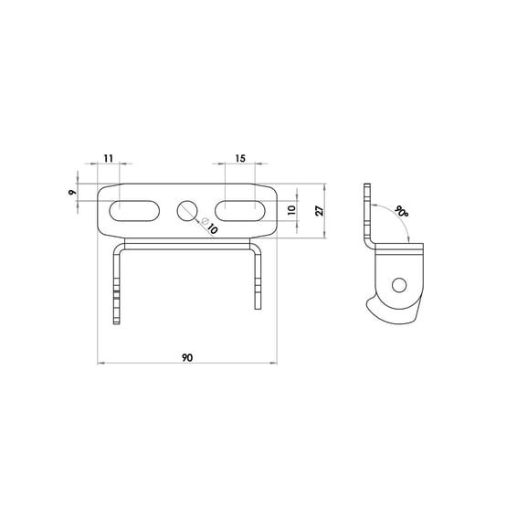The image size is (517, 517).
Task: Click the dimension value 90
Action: [187, 357]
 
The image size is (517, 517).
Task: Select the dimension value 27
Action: [320, 211]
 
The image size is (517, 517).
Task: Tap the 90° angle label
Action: [401, 211]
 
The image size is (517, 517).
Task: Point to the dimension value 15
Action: [240, 158]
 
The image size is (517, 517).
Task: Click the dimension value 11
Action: [109, 158]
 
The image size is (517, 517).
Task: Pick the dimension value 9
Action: [72, 192]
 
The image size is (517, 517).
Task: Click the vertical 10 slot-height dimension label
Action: [291, 210]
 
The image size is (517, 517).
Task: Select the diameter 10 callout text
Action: [209, 226]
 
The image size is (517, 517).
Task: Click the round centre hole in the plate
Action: [187, 210]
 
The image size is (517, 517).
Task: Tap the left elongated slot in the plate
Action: [134, 211]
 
